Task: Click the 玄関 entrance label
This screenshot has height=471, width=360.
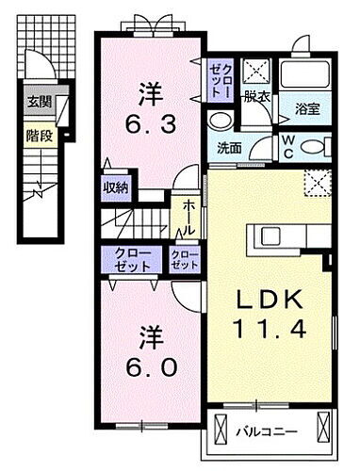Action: pyautogui.click(x=38, y=102)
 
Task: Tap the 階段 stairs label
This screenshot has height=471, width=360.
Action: pyautogui.click(x=38, y=136)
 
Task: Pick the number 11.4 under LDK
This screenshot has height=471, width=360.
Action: pyautogui.click(x=270, y=332)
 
